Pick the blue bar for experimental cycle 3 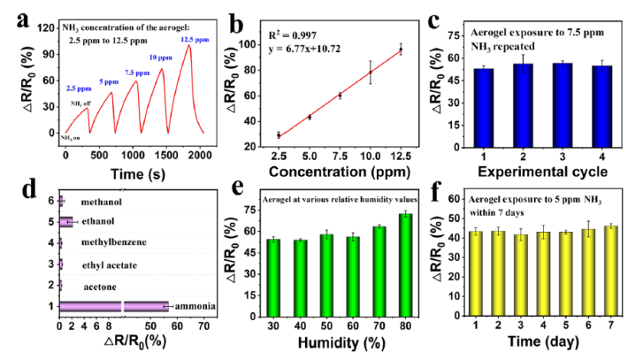tap(555, 97)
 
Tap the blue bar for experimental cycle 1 tap(483, 101)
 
